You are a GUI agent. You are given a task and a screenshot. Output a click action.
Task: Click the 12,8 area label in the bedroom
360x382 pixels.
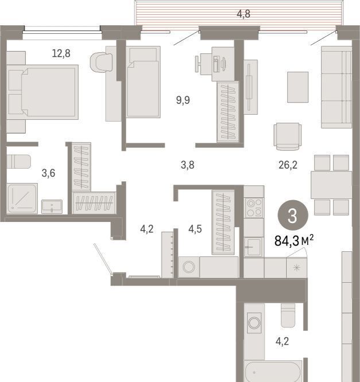tap(61, 53)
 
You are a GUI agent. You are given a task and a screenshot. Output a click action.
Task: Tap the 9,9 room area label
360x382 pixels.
tap(183, 100)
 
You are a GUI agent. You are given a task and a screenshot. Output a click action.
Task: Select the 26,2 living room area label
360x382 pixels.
tap(288, 165)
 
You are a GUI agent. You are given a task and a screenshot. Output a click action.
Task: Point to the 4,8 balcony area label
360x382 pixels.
tap(243, 14)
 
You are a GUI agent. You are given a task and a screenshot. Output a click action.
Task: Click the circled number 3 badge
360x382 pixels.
tap(293, 215)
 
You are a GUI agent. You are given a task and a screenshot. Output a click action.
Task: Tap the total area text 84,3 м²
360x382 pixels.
tap(294, 241)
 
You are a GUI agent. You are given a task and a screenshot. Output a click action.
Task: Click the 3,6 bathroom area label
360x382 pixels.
tap(48, 173)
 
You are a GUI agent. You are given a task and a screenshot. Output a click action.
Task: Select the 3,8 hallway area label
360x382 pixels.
tap(187, 165)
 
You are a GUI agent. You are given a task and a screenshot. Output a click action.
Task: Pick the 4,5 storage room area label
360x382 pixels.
tap(195, 229)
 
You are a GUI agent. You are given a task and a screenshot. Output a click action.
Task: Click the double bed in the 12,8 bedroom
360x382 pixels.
tap(42, 92)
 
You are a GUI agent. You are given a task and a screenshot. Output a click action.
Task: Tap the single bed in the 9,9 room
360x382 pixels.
tap(143, 82)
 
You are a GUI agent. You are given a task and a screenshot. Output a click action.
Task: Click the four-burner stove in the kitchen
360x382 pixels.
tap(254, 208)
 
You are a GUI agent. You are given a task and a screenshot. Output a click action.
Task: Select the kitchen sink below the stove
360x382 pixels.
tap(254, 247)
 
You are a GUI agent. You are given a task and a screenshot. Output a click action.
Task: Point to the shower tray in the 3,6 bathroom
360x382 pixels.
tap(22, 198)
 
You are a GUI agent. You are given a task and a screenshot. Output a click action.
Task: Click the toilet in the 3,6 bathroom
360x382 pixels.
tap(18, 161)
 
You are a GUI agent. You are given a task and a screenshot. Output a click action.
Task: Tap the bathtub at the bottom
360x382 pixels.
tap(273, 371)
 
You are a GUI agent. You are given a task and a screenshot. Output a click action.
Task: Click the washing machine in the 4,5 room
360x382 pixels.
tap(189, 267)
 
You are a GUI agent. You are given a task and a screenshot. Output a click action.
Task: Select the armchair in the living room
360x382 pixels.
tap(287, 137)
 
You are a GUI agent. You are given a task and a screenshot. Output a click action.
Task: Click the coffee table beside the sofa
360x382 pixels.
tap(297, 87)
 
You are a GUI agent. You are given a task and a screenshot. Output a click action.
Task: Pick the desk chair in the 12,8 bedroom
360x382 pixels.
tap(101, 62)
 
